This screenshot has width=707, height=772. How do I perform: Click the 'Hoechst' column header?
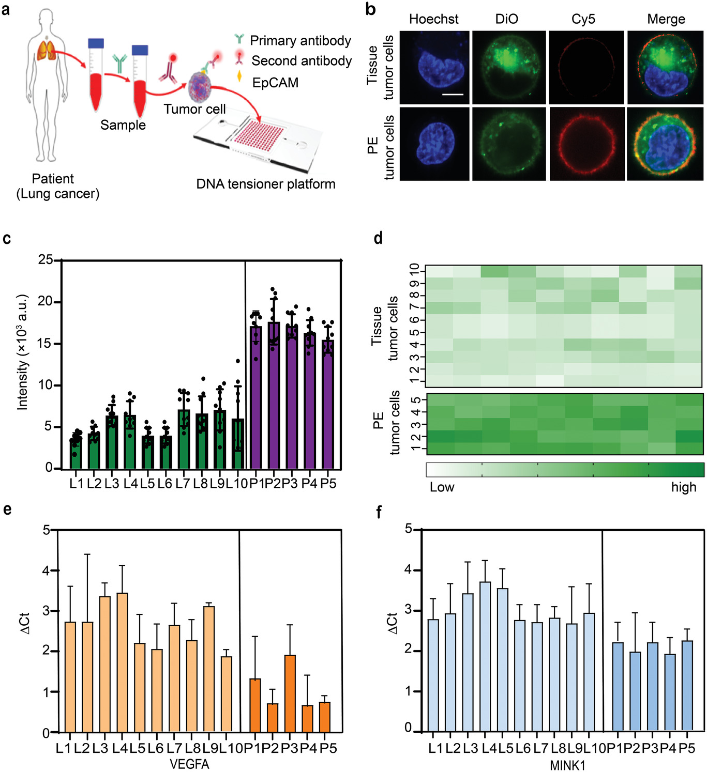tap(433, 19)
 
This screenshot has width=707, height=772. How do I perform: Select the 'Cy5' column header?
tap(583, 19)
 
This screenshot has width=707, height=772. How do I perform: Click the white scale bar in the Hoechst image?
tap(453, 95)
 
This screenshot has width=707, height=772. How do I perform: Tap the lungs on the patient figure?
tap(47, 50)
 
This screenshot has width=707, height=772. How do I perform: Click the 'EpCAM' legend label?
tap(275, 83)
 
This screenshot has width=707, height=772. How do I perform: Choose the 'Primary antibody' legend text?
tap(300, 40)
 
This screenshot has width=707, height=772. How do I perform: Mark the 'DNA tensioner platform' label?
tap(266, 184)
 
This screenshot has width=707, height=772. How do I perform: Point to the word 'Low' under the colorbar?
tap(442, 487)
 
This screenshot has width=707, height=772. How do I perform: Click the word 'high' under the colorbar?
tap(684, 487)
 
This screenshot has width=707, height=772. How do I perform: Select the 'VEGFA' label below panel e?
tap(189, 764)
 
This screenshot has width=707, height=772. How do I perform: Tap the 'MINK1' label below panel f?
tap(567, 765)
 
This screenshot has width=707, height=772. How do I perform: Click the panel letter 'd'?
tap(378, 238)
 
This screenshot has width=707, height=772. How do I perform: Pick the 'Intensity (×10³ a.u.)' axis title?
tap(22, 352)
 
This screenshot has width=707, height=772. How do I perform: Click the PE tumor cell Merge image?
tap(665, 144)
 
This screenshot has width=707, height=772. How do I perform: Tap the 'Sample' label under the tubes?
tap(123, 125)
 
